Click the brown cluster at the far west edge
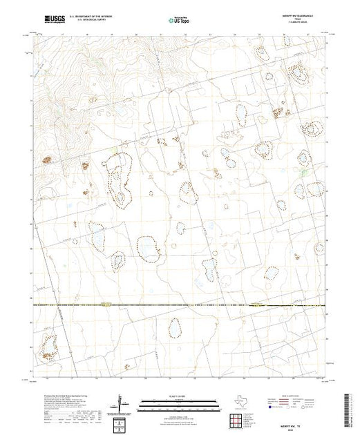point(48,160)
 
